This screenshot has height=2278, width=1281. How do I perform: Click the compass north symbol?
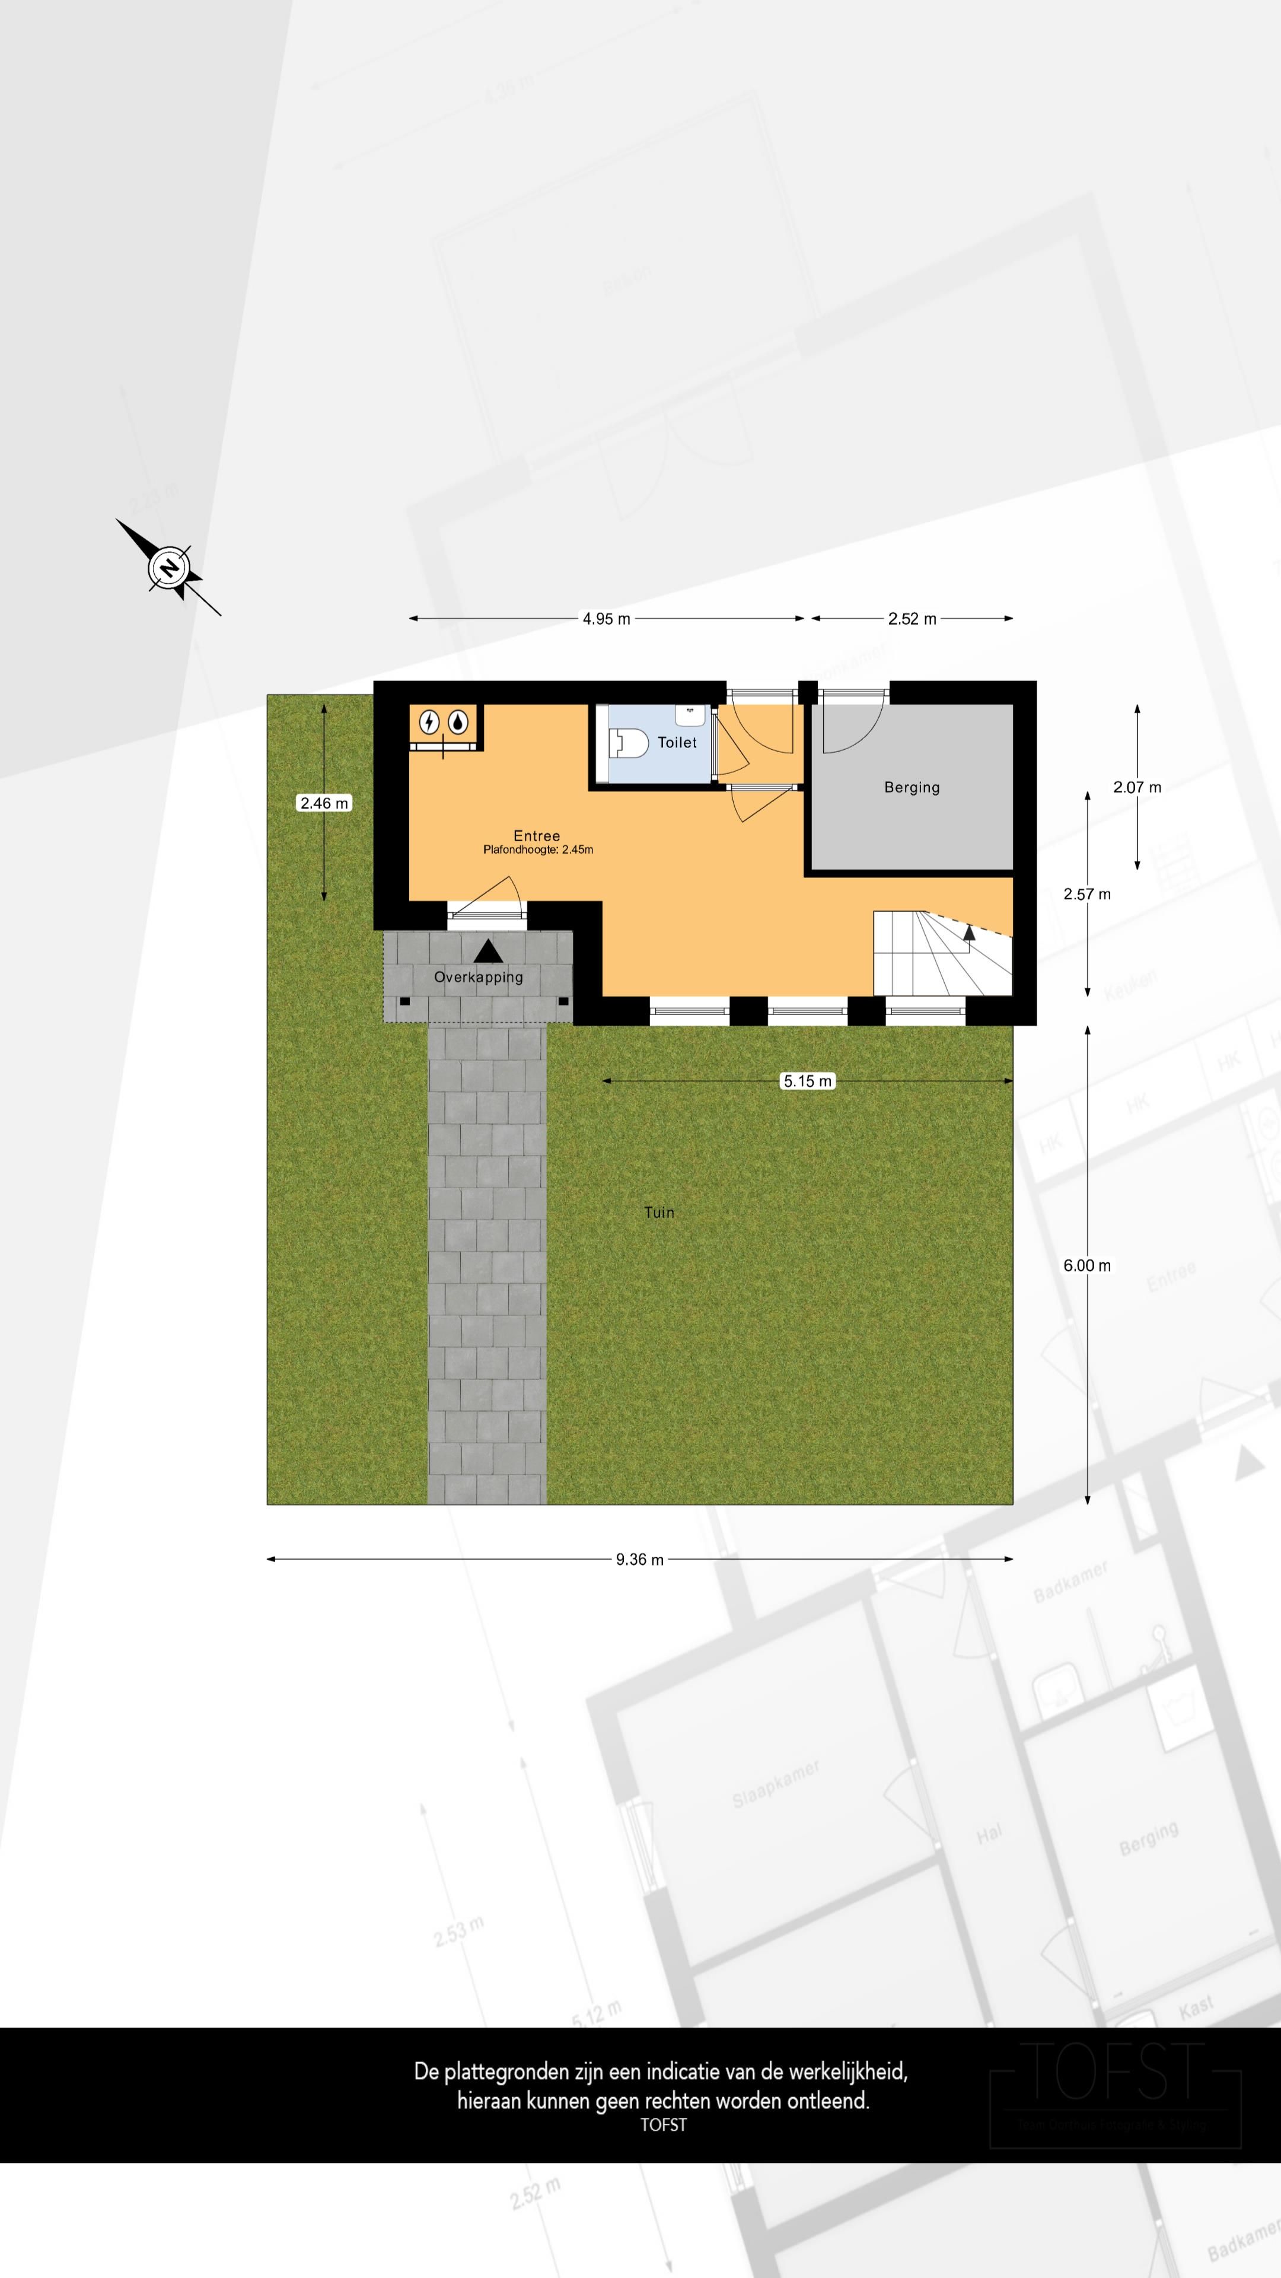point(168,567)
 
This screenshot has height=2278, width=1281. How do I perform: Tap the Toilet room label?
point(677,743)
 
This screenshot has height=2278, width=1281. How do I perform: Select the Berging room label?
point(912,787)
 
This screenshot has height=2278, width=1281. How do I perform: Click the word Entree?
point(537,836)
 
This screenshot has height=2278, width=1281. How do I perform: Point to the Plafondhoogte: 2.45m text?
point(537,850)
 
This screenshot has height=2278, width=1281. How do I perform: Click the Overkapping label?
point(478,977)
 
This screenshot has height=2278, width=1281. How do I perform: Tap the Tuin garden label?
point(659,1213)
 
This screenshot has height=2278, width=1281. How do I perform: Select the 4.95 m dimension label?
point(607,619)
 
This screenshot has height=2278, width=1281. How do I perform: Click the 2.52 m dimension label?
point(912,619)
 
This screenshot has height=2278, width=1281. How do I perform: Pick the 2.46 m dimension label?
point(324,803)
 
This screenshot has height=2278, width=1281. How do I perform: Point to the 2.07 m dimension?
point(1137,787)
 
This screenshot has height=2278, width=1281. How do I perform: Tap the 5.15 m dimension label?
point(808,1081)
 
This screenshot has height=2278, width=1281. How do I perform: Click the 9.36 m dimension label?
point(640,1559)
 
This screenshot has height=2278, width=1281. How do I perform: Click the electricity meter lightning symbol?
point(429,723)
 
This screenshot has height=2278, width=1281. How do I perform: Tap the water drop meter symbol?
point(457,723)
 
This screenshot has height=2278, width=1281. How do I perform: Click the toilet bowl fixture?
point(629,743)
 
